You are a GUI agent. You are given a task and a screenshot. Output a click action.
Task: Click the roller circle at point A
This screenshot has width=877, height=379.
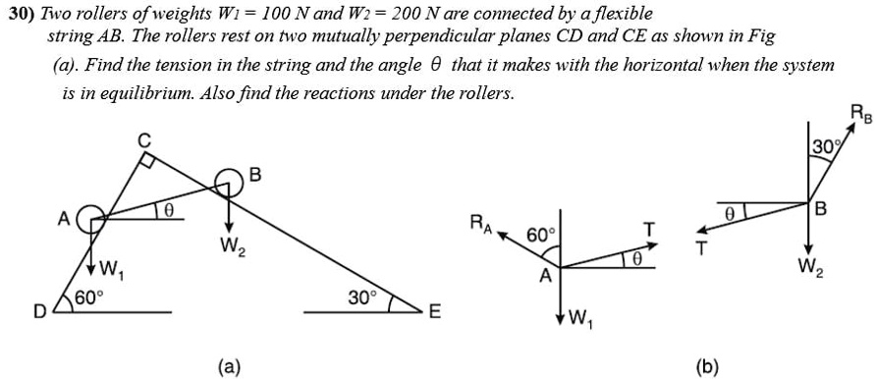pyautogui.click(x=89, y=219)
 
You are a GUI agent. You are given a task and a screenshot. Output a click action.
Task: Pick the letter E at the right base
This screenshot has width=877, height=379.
pyautogui.click(x=435, y=313)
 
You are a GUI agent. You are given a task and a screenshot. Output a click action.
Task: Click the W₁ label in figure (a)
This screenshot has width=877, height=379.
pyautogui.click(x=111, y=269)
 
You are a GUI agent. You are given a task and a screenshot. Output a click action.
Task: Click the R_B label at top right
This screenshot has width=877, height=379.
pyautogui.click(x=857, y=112)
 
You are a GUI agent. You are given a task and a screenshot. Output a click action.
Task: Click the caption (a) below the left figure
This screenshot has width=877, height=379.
pyautogui.click(x=228, y=366)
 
